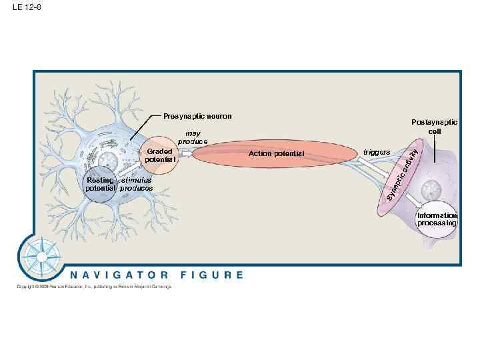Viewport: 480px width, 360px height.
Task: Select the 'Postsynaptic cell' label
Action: click(x=434, y=127)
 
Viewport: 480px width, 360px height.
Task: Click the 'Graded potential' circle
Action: click(x=160, y=155)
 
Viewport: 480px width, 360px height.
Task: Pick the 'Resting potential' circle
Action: click(x=100, y=184)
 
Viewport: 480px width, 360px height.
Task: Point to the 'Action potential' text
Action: click(x=275, y=154)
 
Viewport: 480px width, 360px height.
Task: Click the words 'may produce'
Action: click(x=193, y=138)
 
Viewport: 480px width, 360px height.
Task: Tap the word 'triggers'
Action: click(x=377, y=153)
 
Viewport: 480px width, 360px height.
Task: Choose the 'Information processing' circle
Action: click(x=437, y=219)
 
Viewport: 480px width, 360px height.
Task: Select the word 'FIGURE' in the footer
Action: click(x=211, y=275)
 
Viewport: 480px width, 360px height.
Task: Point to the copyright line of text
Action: click(x=94, y=287)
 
